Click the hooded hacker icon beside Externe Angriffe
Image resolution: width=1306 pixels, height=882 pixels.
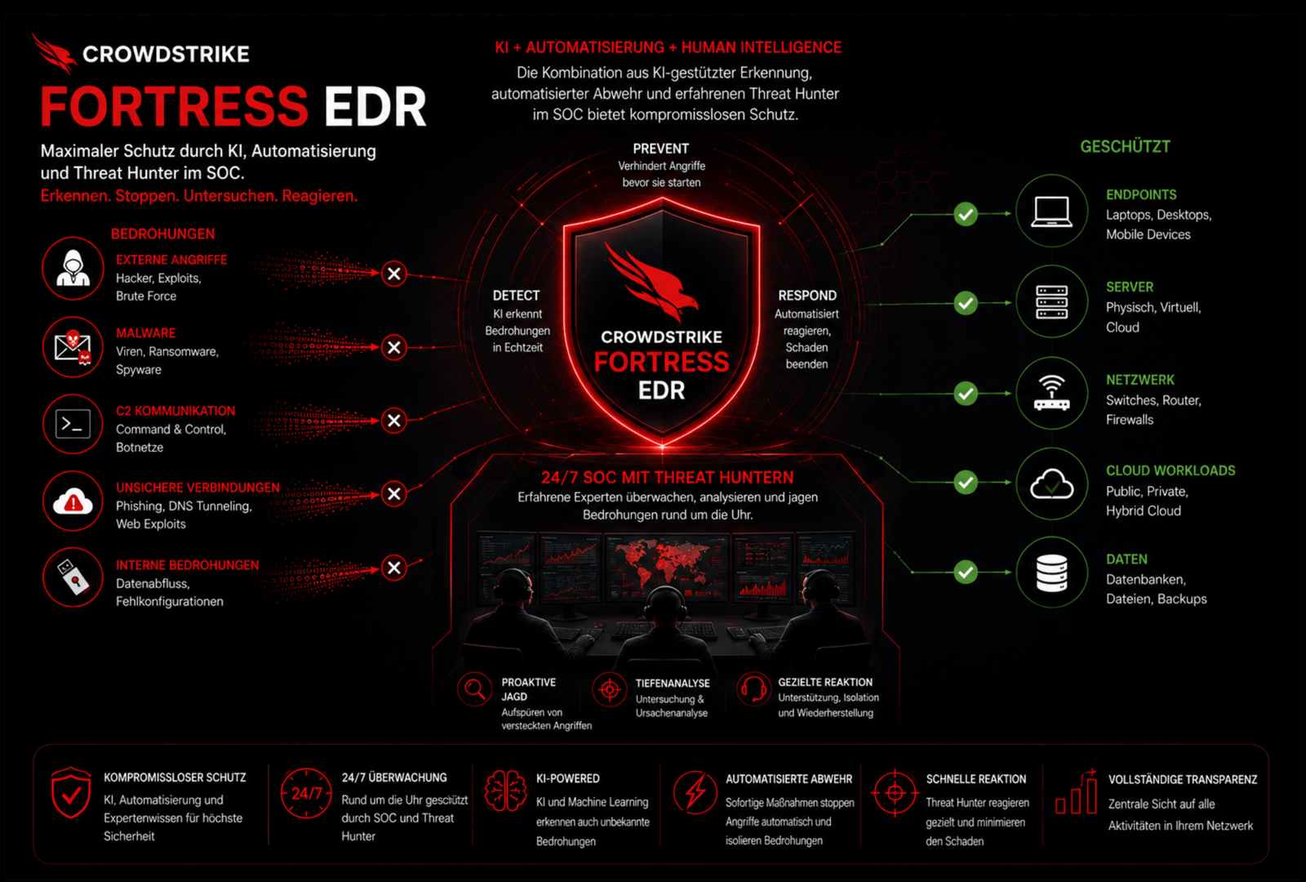(x=73, y=269)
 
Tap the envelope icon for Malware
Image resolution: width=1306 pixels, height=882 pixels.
(x=73, y=348)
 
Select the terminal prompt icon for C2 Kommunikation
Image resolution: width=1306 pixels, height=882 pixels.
(x=73, y=424)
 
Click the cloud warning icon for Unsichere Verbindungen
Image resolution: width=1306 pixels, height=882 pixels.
(x=73, y=501)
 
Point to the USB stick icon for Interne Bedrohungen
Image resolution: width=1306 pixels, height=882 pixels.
(x=73, y=577)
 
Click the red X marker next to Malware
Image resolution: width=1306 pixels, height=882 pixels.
(x=394, y=347)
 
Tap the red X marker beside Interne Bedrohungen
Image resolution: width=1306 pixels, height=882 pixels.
(x=394, y=568)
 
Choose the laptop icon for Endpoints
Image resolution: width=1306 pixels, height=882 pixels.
(x=1052, y=212)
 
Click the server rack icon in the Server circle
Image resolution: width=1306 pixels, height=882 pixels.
(x=1052, y=302)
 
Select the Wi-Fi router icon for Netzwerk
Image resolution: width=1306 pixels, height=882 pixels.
(x=1052, y=393)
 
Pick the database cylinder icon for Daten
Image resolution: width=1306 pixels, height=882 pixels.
(x=1052, y=572)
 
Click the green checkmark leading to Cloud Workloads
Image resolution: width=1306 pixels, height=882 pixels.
(x=966, y=483)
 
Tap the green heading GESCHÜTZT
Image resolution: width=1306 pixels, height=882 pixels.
(x=1126, y=146)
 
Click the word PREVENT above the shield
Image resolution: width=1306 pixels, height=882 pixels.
(x=661, y=149)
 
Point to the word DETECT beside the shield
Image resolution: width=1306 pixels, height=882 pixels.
(x=516, y=296)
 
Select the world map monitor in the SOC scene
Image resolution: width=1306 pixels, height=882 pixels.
(x=667, y=566)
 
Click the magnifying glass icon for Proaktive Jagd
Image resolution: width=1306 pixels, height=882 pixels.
(x=474, y=689)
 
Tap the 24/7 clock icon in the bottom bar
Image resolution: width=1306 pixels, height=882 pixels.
(x=306, y=793)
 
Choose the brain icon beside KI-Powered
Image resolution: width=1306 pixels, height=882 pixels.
(x=505, y=791)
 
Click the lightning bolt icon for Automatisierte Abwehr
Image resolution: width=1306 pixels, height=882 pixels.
(x=695, y=792)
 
